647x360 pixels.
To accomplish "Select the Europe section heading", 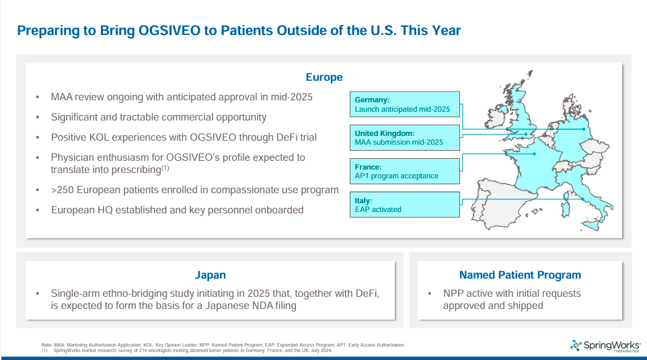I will pyautogui.click(x=323, y=77).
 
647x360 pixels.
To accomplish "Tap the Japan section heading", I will pyautogui.click(x=210, y=275).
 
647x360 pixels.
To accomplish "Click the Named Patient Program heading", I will pyautogui.click(x=520, y=275).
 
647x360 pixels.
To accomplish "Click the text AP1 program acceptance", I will pyautogui.click(x=396, y=176).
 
